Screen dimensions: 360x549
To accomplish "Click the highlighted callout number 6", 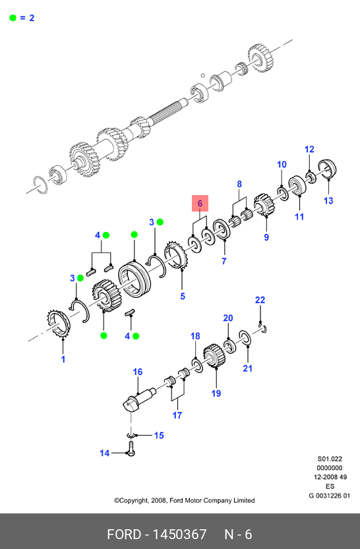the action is pos(200,204).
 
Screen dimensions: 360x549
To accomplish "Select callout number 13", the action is pos(328,200).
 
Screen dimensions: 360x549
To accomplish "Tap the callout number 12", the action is pos(309,150).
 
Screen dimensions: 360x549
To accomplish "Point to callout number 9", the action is pos(266,237).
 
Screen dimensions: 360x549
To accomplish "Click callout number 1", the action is pos(63,359).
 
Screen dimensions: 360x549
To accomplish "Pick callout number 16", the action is pos(138,372).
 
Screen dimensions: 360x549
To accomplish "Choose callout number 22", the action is pos(260,300).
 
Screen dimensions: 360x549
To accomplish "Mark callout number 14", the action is pos(104,453).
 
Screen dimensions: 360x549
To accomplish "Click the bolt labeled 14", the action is pos(131,449).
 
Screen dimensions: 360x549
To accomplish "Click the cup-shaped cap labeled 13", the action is pos(327,169).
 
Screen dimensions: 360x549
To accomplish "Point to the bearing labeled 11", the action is pos(297,185).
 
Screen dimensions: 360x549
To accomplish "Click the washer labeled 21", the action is pos(245,337).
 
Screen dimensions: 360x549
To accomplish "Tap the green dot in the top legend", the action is pos(13,18).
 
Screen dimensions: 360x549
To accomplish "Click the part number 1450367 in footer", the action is pos(179,535).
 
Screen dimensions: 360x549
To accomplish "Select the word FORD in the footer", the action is pos(123,535).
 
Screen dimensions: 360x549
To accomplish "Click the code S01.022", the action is pos(330,459).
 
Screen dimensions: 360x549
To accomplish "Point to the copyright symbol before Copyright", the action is pos(117,501).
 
